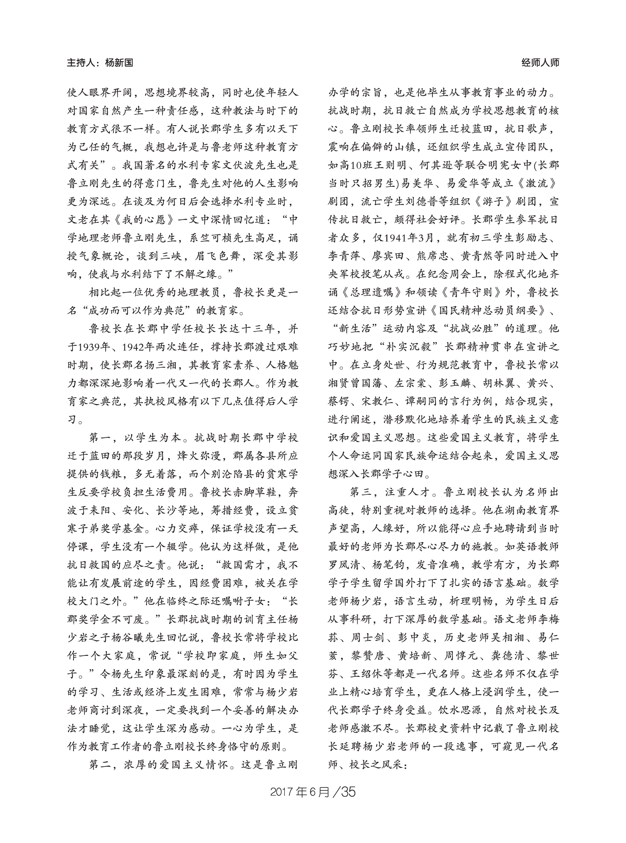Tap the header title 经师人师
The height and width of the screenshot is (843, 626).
pos(540,63)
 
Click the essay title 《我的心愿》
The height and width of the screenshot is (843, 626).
pos(146,220)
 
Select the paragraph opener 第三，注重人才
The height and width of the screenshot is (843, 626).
pos(390,493)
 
